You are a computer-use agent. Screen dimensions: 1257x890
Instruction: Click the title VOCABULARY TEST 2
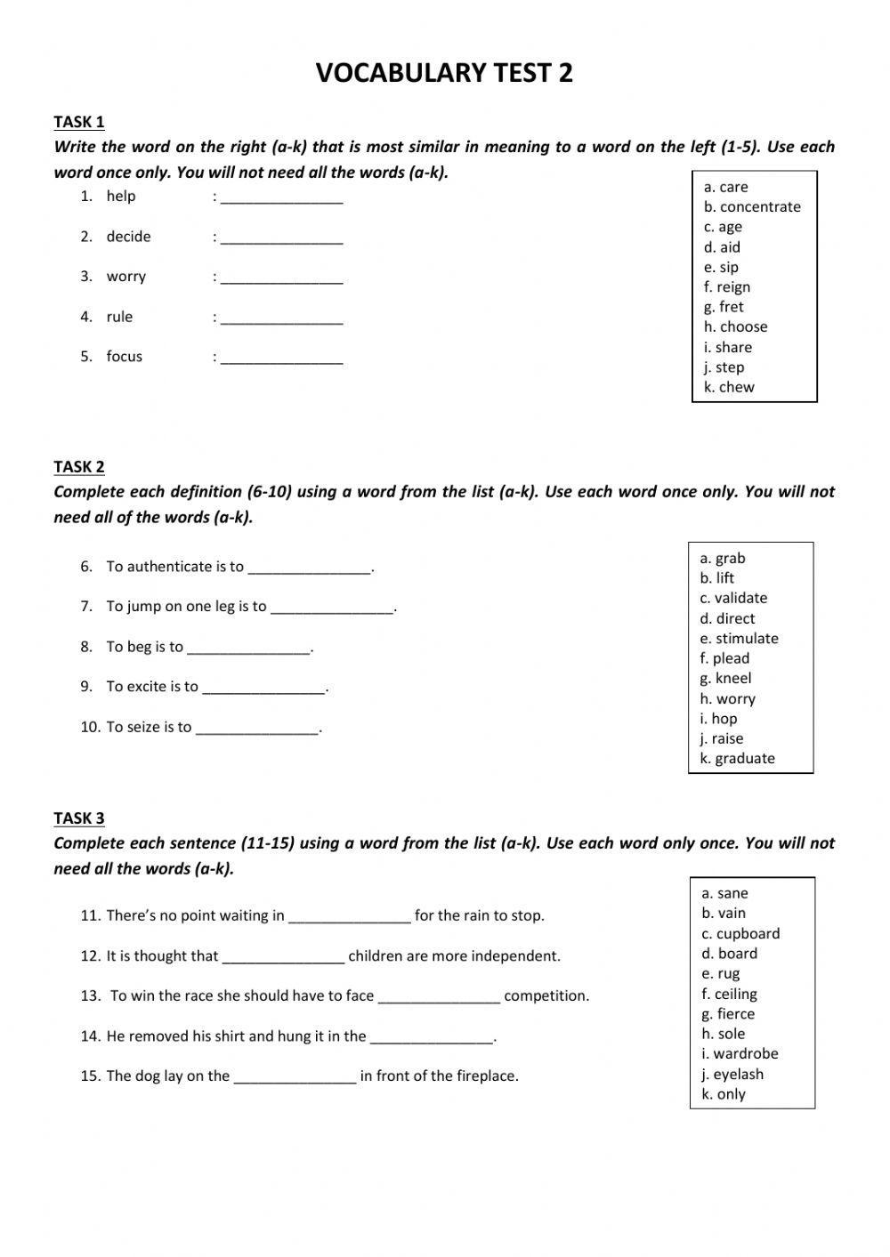click(x=444, y=73)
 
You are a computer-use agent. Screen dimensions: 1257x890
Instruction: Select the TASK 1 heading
click(x=79, y=122)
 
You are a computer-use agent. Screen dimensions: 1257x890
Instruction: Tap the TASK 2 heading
click(x=79, y=466)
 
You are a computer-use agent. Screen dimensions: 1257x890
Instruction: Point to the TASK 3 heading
click(x=79, y=818)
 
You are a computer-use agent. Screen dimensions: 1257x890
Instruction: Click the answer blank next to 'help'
click(x=282, y=198)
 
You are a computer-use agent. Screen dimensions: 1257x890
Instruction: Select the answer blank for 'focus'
click(x=282, y=359)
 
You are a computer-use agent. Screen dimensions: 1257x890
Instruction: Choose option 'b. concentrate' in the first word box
click(x=752, y=206)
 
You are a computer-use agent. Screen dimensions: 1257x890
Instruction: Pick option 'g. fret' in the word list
click(x=724, y=307)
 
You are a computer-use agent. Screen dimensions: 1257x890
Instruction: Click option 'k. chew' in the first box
click(x=729, y=387)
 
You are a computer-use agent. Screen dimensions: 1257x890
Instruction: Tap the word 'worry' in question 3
click(x=125, y=277)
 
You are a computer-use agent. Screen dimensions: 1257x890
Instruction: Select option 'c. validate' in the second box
click(x=733, y=598)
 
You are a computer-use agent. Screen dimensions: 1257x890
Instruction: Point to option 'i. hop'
click(x=718, y=718)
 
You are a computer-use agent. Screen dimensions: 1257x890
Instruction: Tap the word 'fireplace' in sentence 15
click(x=485, y=1076)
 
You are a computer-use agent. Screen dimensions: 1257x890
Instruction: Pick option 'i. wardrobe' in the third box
click(x=740, y=1053)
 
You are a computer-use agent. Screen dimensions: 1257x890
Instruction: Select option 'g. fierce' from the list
click(x=728, y=1013)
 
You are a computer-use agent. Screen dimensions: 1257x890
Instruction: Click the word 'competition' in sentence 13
click(x=546, y=995)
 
